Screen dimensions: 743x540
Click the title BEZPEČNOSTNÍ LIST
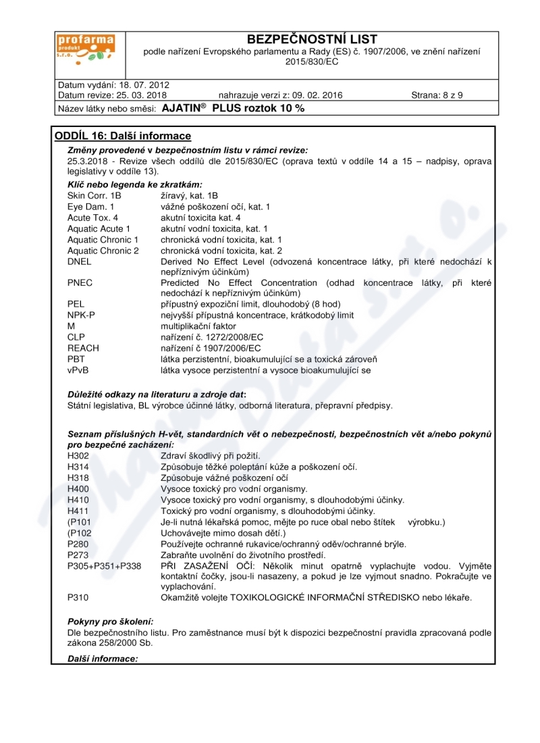click(x=312, y=39)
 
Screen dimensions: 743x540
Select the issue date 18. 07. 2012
click(x=143, y=85)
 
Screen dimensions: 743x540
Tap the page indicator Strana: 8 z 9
click(x=437, y=95)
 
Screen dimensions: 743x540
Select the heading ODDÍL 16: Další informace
click(x=123, y=136)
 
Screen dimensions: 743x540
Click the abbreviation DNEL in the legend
click(x=79, y=261)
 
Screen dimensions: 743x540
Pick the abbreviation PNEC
click(x=80, y=283)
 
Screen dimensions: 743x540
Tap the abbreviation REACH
click(x=83, y=348)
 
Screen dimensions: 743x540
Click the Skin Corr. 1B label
click(x=94, y=196)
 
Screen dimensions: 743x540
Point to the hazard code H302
click(x=78, y=456)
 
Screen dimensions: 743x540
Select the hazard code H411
click(x=78, y=511)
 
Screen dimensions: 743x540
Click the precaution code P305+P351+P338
click(x=104, y=565)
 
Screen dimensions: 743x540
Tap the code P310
click(x=78, y=598)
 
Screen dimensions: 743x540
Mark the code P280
click(x=78, y=544)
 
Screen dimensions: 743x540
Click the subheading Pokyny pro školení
click(x=111, y=621)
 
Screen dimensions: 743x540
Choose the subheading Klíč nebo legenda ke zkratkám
click(x=135, y=184)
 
